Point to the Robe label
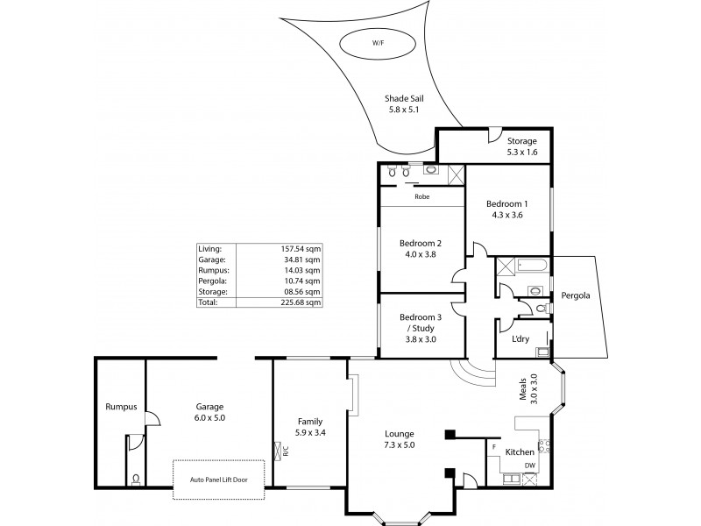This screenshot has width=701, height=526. (421, 198)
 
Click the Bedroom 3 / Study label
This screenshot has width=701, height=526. (418, 327)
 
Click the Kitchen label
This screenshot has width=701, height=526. (520, 452)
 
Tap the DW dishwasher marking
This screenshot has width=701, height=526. (529, 466)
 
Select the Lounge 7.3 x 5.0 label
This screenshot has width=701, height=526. (400, 439)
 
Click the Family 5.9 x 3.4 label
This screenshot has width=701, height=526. (309, 426)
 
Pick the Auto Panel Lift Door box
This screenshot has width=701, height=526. (225, 480)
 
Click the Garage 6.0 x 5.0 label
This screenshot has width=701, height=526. (209, 412)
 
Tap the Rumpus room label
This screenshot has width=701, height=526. (119, 407)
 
